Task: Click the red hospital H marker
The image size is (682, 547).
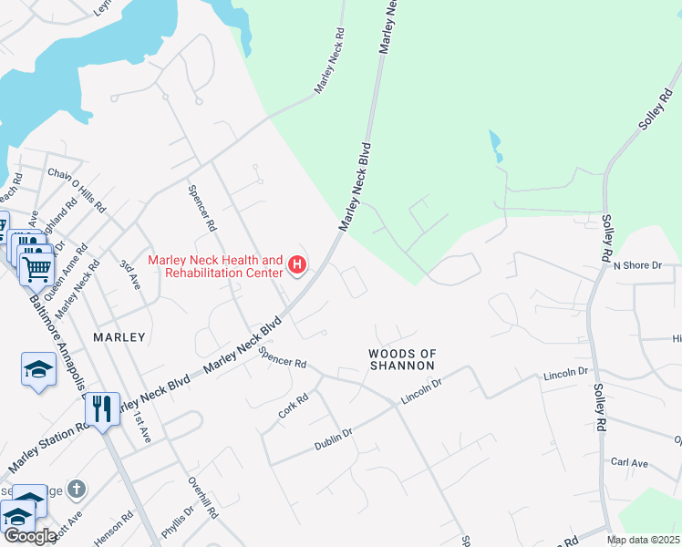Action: click(x=296, y=265)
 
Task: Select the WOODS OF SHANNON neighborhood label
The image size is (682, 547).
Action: click(x=401, y=359)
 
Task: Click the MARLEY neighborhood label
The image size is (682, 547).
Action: click(x=119, y=337)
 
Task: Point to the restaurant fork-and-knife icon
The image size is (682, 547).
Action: click(x=101, y=408)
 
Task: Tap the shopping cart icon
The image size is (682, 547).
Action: click(x=36, y=268)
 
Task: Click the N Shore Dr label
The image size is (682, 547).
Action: click(x=635, y=265)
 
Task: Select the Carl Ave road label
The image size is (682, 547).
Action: click(x=629, y=463)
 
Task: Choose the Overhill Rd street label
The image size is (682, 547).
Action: click(x=203, y=498)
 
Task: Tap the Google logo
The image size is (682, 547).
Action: click(x=30, y=536)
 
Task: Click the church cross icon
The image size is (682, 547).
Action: click(x=77, y=490)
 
